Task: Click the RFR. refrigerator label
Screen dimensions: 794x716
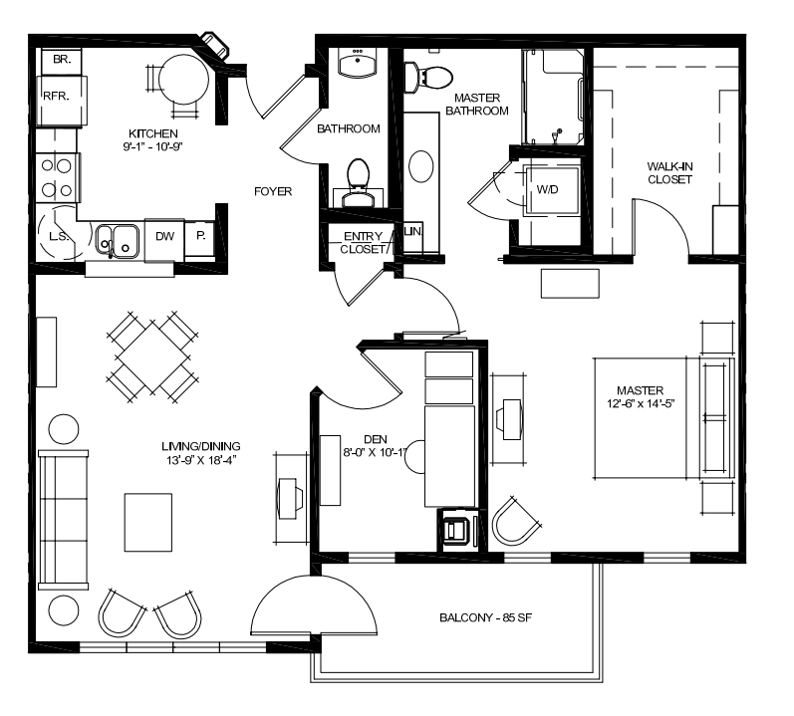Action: [56, 96]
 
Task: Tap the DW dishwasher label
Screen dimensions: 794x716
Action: [164, 236]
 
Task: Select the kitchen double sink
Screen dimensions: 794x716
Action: [118, 241]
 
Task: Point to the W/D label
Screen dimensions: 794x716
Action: [547, 189]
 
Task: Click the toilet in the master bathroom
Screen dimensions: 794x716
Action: [428, 78]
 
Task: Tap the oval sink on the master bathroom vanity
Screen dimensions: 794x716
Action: [420, 166]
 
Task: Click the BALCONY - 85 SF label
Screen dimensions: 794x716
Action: [485, 617]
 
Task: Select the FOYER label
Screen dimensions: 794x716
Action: [273, 191]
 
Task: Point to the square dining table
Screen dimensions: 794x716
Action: [151, 357]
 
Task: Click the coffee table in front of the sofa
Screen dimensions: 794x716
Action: [148, 522]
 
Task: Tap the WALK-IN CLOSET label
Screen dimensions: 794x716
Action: [669, 172]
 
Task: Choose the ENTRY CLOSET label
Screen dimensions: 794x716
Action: [363, 242]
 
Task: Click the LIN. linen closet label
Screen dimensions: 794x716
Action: [413, 231]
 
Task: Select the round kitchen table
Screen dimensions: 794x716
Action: [184, 80]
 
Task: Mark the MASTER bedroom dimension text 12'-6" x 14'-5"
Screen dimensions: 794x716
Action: [641, 403]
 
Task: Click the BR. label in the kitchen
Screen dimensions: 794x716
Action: [62, 59]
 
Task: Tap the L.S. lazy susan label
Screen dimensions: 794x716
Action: [59, 236]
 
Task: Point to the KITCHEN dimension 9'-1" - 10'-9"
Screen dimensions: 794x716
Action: [153, 146]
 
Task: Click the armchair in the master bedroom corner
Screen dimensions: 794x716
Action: [516, 522]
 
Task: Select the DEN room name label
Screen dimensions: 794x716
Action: [376, 440]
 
